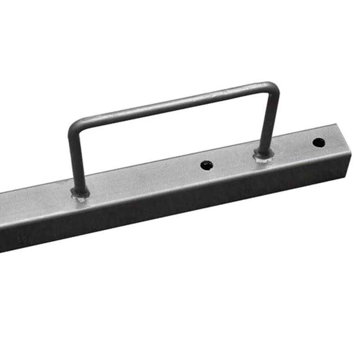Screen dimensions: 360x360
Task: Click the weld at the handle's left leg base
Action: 80,194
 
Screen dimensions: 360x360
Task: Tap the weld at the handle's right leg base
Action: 263,156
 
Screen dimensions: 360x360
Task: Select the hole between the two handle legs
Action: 207,165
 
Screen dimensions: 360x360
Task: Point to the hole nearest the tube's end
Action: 319,143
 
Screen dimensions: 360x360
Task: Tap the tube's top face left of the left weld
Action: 36,202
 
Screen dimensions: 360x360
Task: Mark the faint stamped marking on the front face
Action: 20,238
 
